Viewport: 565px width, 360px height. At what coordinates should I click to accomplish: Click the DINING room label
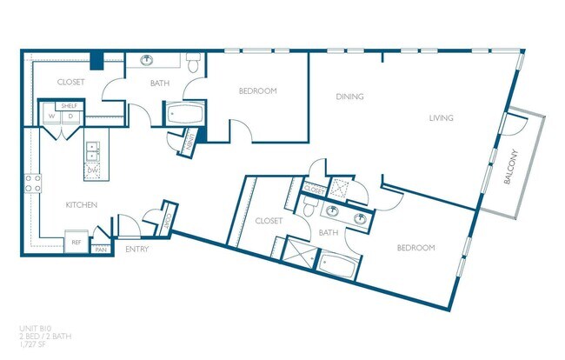[349, 97]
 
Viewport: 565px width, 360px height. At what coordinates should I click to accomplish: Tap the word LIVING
[441, 118]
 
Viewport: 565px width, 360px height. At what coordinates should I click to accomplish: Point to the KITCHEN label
[81, 205]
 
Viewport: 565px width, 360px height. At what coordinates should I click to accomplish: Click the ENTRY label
[136, 250]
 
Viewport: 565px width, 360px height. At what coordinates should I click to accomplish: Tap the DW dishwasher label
[91, 170]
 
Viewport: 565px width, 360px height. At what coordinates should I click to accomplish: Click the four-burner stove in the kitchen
[33, 183]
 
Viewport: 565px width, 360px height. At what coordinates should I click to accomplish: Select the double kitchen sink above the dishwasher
[91, 150]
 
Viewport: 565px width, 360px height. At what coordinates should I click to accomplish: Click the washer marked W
[51, 116]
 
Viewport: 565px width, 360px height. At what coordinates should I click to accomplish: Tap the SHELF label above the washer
[69, 105]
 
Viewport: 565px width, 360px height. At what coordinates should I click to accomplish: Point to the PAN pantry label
[102, 250]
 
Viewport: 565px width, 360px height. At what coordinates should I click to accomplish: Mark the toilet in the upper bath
[194, 62]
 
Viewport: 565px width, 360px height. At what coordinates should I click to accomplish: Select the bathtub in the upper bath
[184, 114]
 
